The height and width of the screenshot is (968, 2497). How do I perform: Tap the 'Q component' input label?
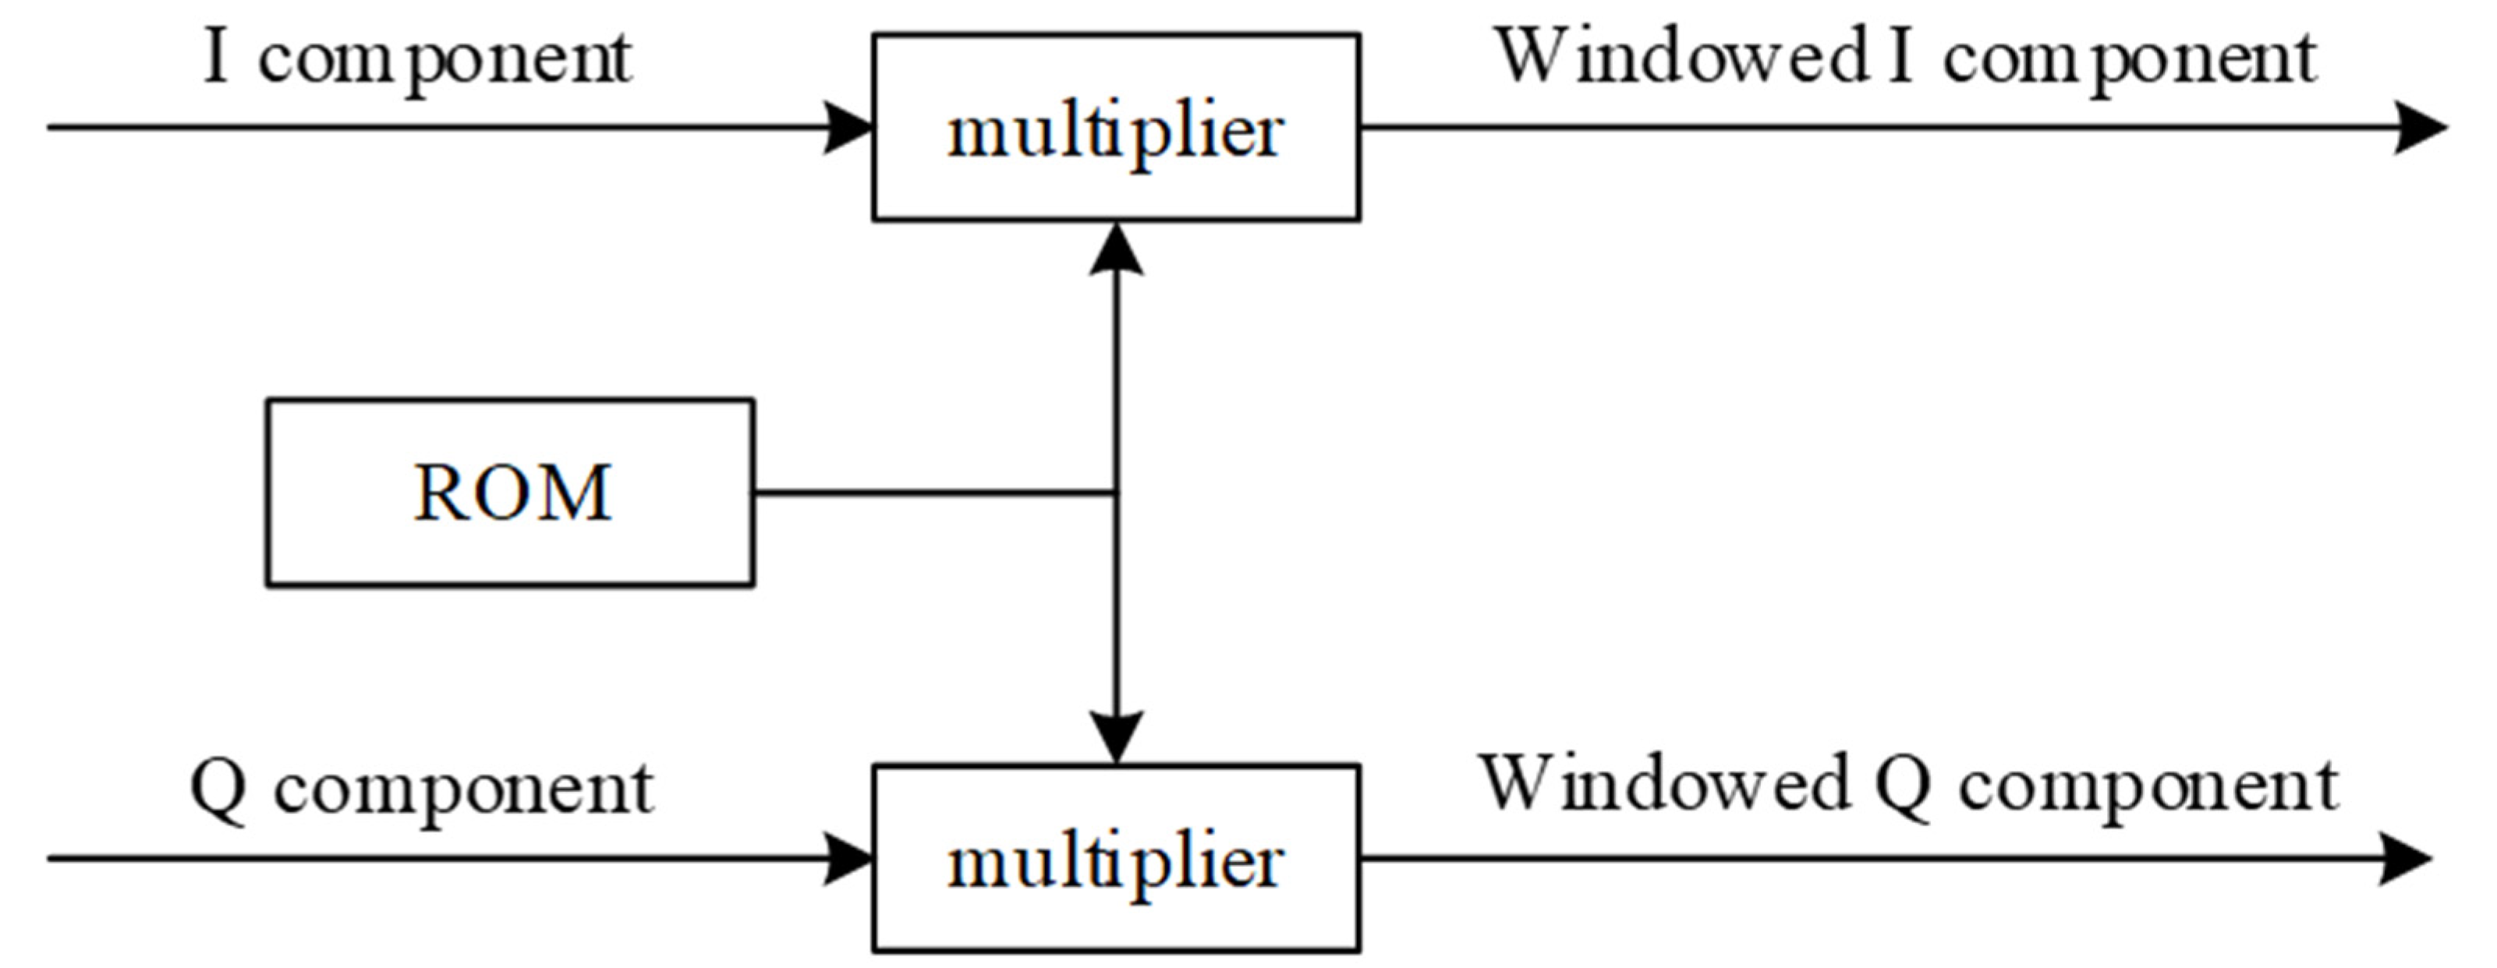point(422,790)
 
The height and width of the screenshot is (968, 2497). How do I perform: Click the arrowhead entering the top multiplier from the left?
point(851,127)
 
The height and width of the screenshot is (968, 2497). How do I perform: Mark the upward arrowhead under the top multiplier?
point(1117,250)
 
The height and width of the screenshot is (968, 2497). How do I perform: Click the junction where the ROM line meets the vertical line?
point(1117,493)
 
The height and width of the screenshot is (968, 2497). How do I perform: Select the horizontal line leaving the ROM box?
point(930,493)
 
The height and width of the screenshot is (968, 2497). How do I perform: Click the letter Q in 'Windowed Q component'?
point(1903,787)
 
